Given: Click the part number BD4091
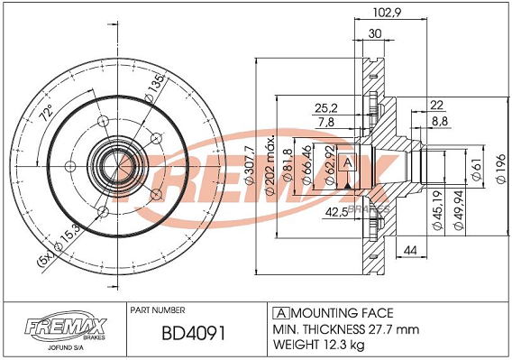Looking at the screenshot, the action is pyautogui.click(x=193, y=334).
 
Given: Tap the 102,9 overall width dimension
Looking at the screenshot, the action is pyautogui.click(x=387, y=12).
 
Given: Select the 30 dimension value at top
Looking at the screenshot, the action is pyautogui.click(x=375, y=33).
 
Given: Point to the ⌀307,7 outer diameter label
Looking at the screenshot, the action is pyautogui.click(x=249, y=165).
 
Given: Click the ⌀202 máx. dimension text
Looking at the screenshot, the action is pyautogui.click(x=270, y=165).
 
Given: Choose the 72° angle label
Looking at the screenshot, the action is pyautogui.click(x=46, y=113).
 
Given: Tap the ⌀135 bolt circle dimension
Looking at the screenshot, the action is pyautogui.click(x=154, y=88).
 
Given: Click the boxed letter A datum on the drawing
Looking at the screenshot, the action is pyautogui.click(x=347, y=162).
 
